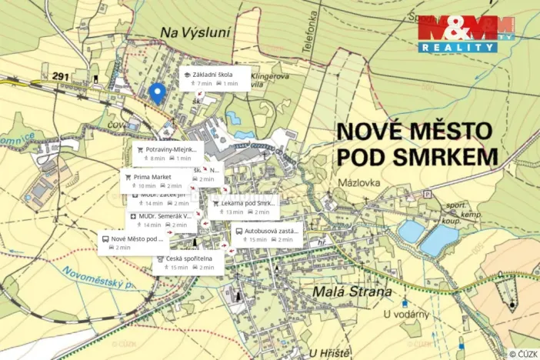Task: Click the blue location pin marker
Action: (x=157, y=93)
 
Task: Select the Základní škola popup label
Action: (x=215, y=78)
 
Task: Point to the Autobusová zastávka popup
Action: (x=268, y=235)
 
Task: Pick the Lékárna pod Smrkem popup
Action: (x=244, y=207)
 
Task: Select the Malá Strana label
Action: (x=353, y=292)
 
